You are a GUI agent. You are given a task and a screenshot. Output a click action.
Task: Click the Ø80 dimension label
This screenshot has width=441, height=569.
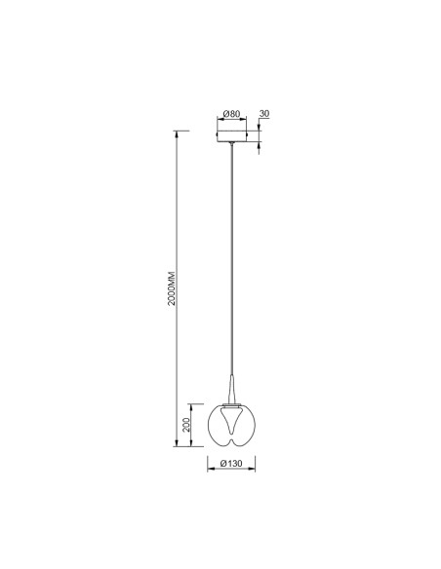pos(231,114)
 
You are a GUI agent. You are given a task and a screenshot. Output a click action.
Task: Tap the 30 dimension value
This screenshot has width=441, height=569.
pos(264,114)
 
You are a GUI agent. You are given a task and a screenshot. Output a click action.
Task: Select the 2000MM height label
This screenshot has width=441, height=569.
pos(172,288)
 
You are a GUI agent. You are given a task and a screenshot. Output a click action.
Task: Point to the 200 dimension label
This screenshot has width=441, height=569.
pos(186,425)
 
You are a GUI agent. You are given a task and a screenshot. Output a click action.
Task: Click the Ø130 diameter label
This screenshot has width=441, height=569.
pos(231,464)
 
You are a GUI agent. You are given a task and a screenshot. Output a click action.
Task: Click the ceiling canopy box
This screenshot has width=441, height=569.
pos(231,135)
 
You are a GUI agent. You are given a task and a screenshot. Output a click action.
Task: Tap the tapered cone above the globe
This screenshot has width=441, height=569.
pos(231,389)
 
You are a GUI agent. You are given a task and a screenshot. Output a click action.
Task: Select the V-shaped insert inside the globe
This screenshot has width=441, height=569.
pos(231,420)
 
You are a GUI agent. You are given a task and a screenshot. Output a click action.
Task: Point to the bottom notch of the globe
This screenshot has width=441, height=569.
pos(231,441)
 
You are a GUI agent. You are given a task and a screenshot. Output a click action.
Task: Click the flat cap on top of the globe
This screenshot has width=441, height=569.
pos(231,404)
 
